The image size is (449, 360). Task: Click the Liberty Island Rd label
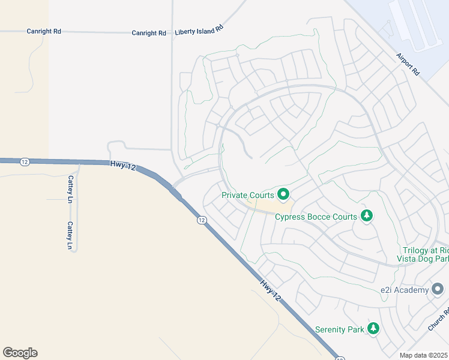point(199,30)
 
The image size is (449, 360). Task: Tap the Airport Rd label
point(408,64)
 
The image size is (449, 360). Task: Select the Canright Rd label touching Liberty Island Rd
point(149,33)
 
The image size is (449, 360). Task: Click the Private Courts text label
point(248,195)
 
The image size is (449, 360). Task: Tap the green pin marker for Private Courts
point(283,194)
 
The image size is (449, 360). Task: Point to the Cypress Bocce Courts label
point(316,217)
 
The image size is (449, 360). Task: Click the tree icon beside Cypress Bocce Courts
point(366,215)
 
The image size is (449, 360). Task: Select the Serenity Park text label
point(340,329)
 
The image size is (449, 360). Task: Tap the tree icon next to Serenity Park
point(373,328)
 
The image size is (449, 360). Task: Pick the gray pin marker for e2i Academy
point(438,290)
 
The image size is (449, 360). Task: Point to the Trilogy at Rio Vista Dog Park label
point(423,254)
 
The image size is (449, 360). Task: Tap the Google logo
point(20,353)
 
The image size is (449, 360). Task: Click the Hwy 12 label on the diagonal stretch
point(271,289)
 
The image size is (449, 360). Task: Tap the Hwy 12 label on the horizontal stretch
point(122,164)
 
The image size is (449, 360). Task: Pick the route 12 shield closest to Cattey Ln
point(24,161)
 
